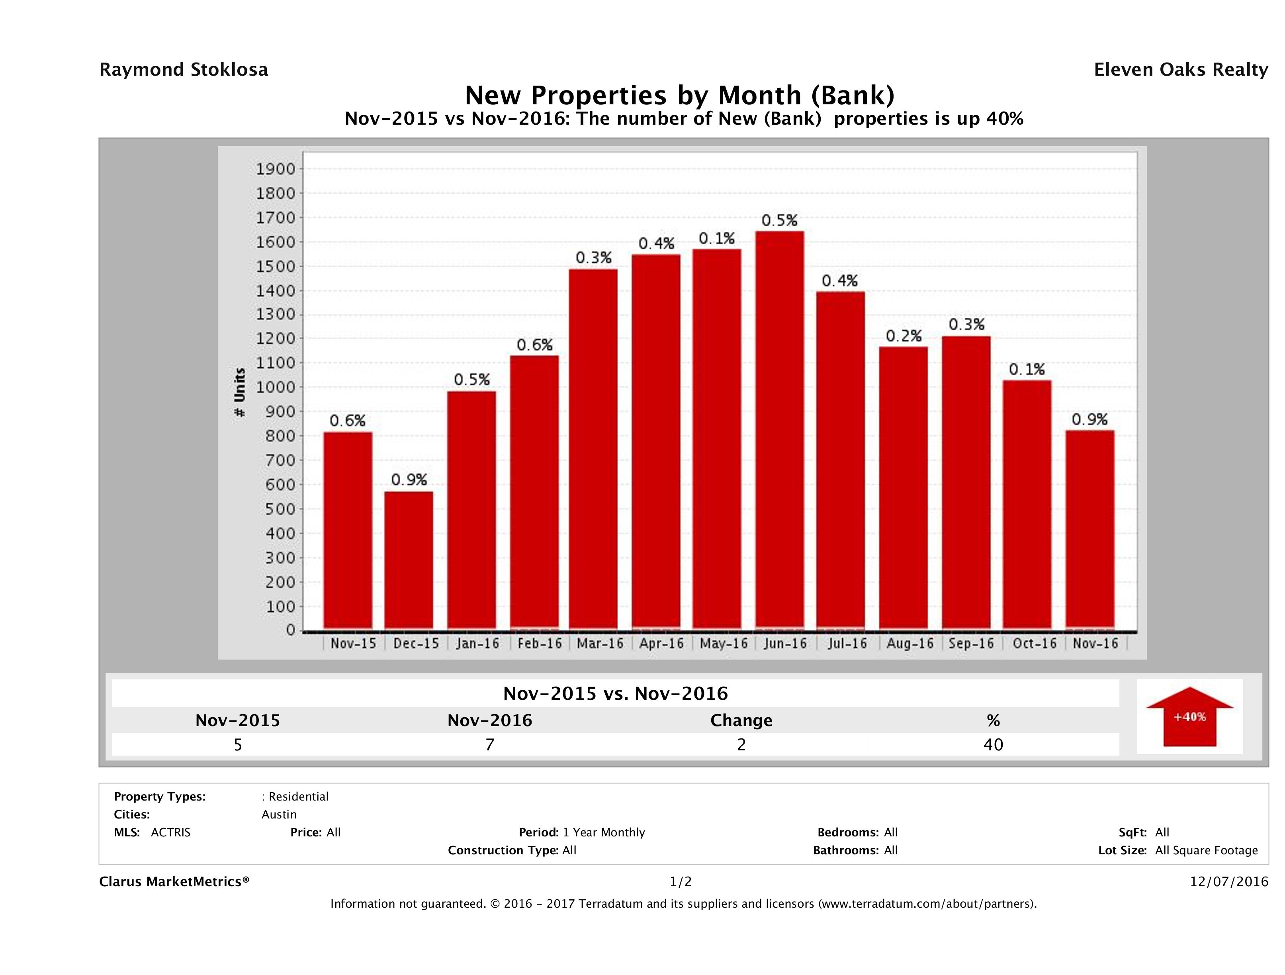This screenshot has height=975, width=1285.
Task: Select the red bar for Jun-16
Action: [x=780, y=430]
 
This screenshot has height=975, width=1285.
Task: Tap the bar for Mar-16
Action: [x=593, y=448]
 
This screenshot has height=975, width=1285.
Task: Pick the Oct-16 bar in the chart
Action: [x=1027, y=504]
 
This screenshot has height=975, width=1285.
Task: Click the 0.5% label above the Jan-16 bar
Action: [x=472, y=380]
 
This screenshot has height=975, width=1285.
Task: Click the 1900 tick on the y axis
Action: [x=276, y=169]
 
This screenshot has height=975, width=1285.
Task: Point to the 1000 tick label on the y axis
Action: [x=276, y=388]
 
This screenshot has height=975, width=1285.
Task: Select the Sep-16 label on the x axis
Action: [x=971, y=644]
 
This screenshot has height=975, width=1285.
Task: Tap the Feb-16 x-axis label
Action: [x=539, y=644]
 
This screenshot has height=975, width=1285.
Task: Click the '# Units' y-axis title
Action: [x=239, y=393]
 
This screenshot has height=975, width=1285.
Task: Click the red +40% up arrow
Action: [x=1189, y=717]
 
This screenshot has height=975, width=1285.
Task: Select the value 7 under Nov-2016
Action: [x=490, y=745]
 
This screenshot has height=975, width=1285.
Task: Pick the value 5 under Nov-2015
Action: [x=238, y=745]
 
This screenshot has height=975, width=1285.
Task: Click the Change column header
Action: [x=741, y=720]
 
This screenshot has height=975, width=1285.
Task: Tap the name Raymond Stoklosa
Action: [x=184, y=70]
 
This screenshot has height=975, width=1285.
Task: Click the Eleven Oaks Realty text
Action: [x=1180, y=70]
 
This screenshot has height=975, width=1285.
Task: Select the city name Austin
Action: [x=279, y=814]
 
